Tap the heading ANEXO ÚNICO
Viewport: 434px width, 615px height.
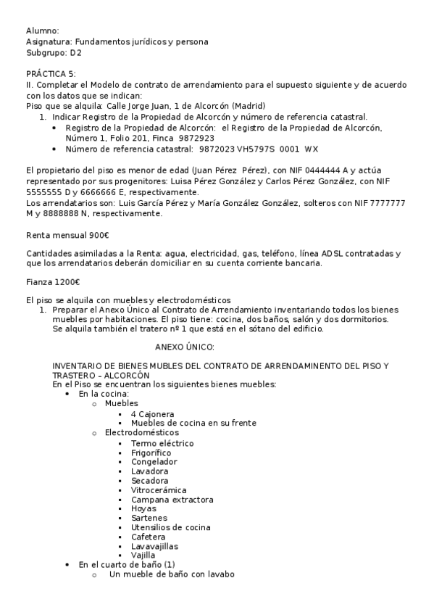[x=185, y=347]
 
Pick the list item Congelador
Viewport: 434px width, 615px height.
[x=154, y=461]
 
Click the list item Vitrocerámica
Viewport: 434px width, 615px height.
[x=159, y=490]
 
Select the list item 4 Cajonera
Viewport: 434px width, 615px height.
[x=153, y=414]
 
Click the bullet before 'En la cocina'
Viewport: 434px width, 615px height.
[x=67, y=395]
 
